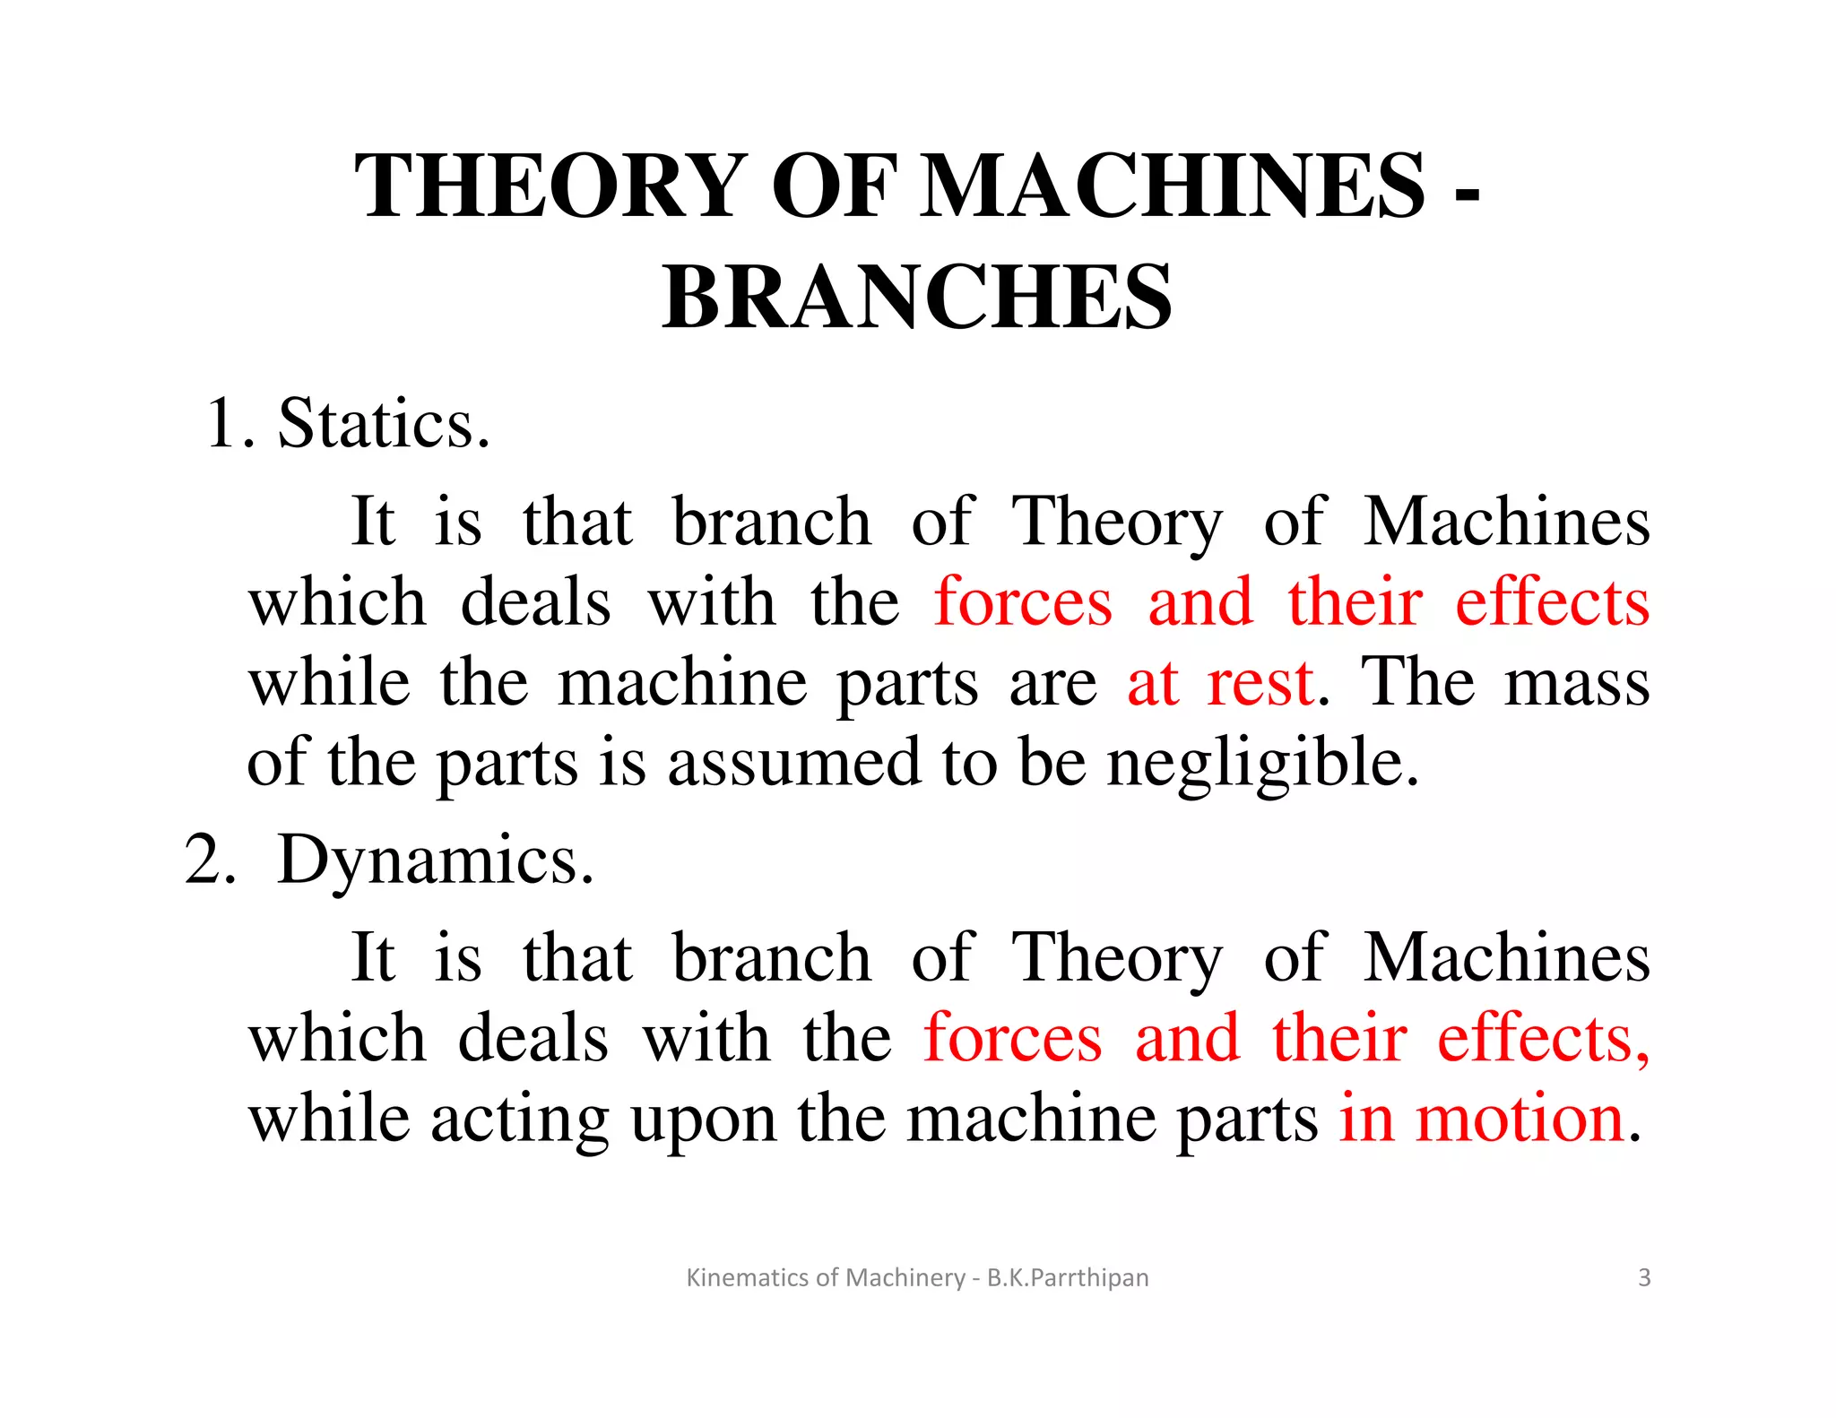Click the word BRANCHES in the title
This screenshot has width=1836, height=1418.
(917, 297)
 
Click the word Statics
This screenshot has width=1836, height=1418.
(384, 423)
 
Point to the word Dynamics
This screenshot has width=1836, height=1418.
(436, 860)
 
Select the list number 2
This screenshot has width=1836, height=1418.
(208, 860)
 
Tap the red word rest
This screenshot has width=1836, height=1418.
(1260, 683)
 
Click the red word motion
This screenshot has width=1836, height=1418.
(1520, 1119)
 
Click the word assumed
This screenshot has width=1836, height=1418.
(794, 763)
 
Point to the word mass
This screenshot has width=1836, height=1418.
(1576, 683)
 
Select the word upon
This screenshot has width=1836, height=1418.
(704, 1120)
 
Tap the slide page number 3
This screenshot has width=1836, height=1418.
(1644, 1277)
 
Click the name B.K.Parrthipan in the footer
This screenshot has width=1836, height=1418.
(1068, 1277)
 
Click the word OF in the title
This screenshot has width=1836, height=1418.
(834, 186)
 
